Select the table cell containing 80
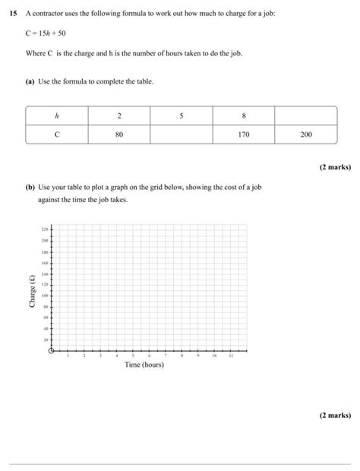(x=119, y=134)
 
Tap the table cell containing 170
(x=243, y=134)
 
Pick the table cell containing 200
(x=305, y=134)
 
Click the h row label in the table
(x=56, y=115)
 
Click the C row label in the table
(x=56, y=134)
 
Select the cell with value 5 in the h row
(x=182, y=115)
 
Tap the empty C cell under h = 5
(x=182, y=134)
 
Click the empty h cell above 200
(x=305, y=115)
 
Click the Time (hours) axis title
(x=144, y=365)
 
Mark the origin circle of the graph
(x=52, y=351)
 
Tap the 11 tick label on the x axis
(x=231, y=356)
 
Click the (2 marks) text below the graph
(x=334, y=416)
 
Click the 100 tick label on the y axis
(x=45, y=295)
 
